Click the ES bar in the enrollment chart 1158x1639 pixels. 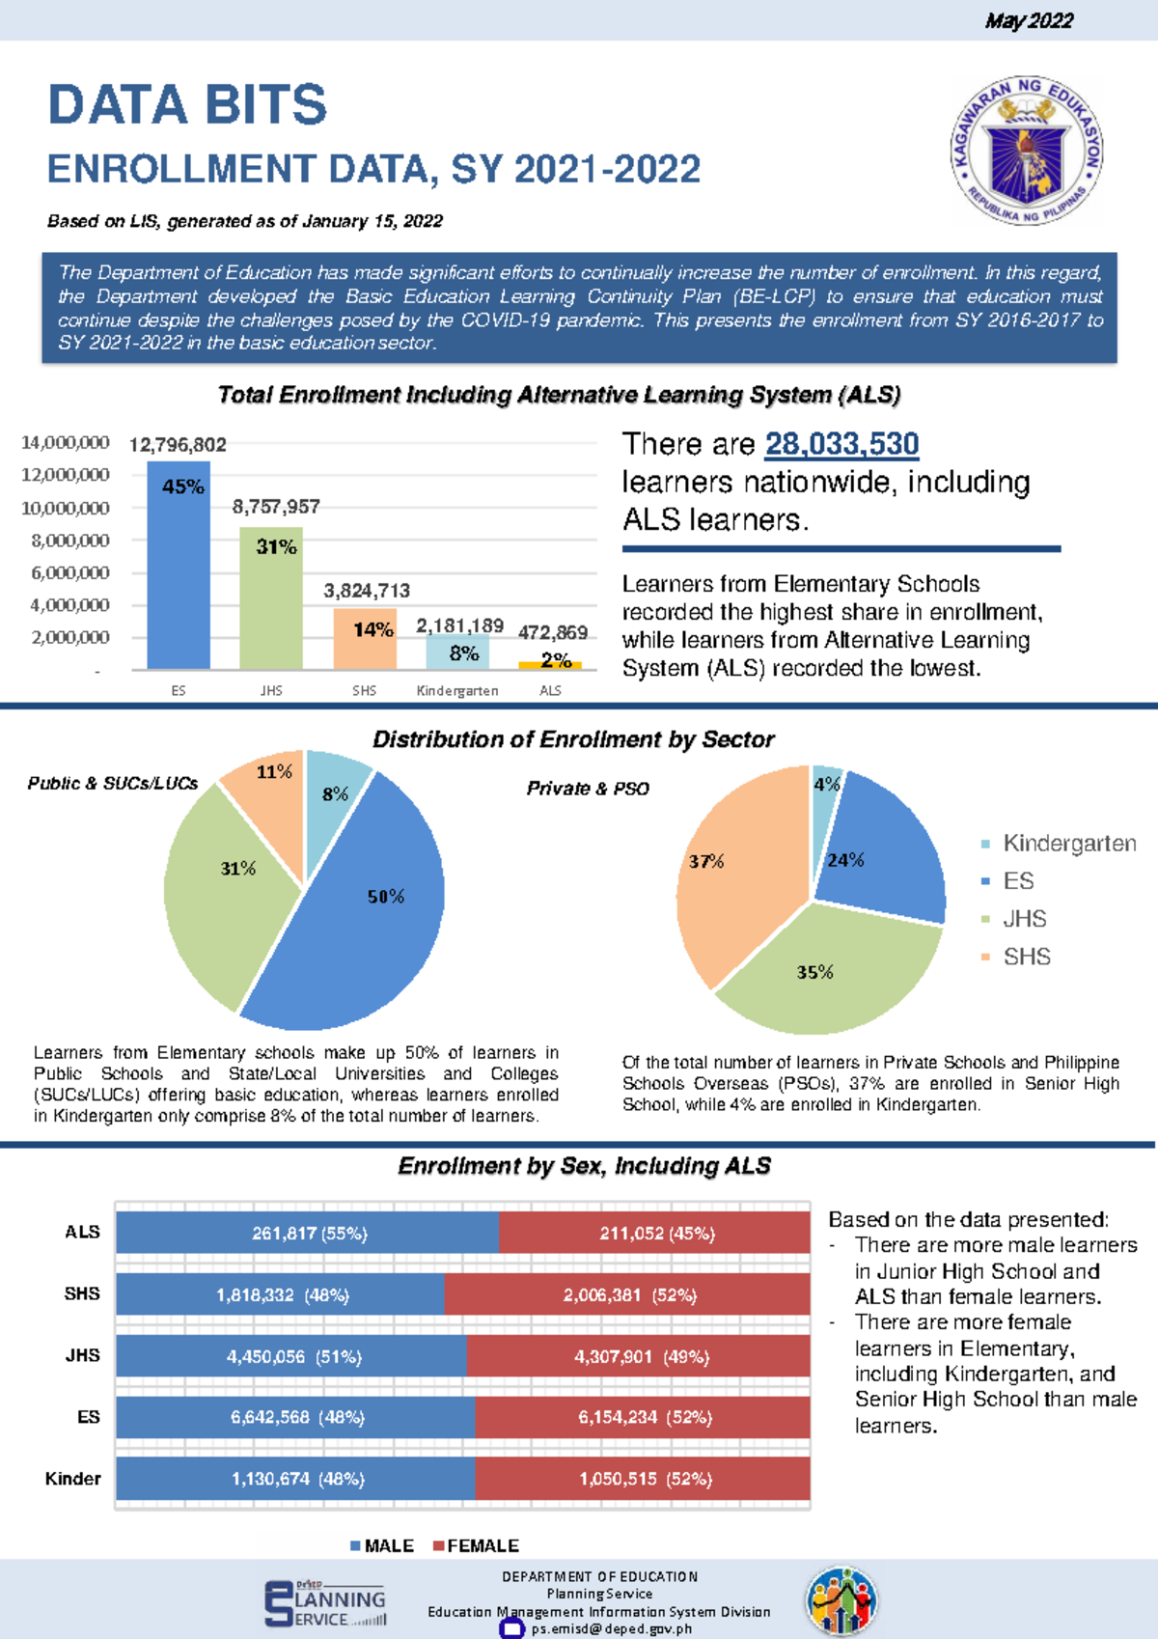click(179, 579)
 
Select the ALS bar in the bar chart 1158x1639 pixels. click(550, 665)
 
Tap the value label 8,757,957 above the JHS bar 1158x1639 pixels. click(276, 507)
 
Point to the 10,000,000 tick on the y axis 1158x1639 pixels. click(66, 508)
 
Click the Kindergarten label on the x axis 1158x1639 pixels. click(457, 690)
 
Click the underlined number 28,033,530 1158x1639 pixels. click(841, 444)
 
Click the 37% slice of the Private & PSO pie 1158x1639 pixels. click(733, 869)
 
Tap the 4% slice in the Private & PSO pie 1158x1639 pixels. click(825, 792)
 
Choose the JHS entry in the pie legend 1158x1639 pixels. click(1023, 919)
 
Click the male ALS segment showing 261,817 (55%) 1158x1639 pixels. click(309, 1234)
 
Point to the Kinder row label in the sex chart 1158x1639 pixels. click(72, 1479)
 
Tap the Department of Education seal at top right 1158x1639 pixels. click(1027, 150)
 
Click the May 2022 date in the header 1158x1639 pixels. click(1029, 20)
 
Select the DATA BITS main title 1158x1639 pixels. click(188, 104)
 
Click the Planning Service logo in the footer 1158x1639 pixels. click(325, 1603)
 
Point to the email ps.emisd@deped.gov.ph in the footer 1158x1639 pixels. click(611, 1628)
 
